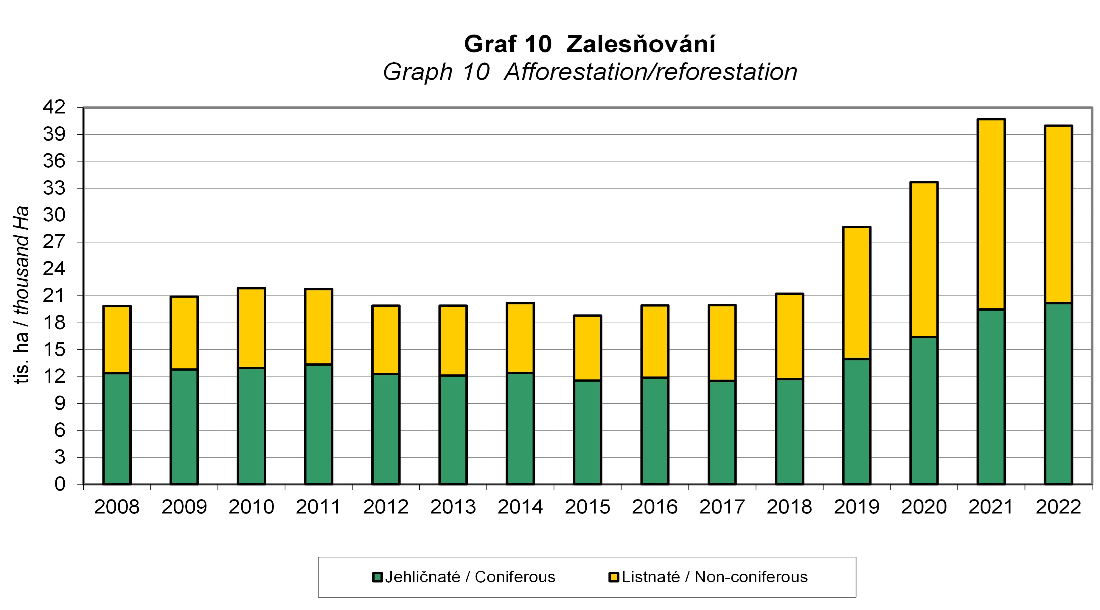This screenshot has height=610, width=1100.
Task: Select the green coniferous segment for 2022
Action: pyautogui.click(x=1058, y=393)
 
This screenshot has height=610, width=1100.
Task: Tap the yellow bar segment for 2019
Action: pyautogui.click(x=857, y=293)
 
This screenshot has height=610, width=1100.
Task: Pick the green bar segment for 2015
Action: pyautogui.click(x=588, y=432)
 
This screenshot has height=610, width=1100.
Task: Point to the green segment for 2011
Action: pyautogui.click(x=318, y=424)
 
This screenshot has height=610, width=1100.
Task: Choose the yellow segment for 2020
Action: pyautogui.click(x=924, y=259)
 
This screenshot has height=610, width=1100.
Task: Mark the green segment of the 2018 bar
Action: pyautogui.click(x=789, y=431)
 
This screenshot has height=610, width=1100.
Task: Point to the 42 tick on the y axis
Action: pyautogui.click(x=54, y=107)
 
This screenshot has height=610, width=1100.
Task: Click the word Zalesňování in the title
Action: pyautogui.click(x=641, y=44)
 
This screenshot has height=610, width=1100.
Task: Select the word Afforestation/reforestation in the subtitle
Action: pyautogui.click(x=650, y=72)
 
